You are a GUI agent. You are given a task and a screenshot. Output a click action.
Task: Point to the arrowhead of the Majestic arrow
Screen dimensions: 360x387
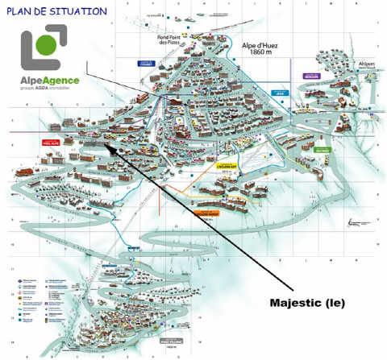pos(108,148)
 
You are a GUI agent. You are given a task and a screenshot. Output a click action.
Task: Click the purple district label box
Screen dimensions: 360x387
pos(311,77)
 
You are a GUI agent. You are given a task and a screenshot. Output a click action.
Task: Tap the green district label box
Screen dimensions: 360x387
pos(322,150)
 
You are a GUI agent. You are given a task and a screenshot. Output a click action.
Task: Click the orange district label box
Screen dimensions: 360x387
pos(208,213)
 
